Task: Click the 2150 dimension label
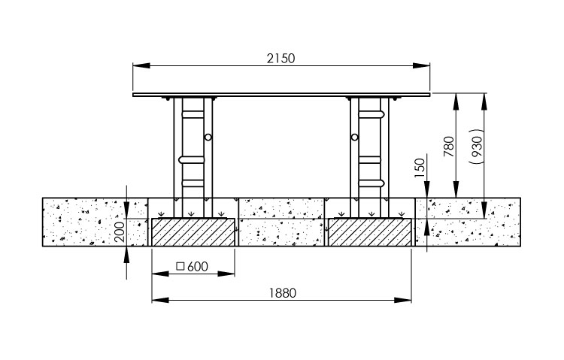(280, 59)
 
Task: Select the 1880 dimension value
(283, 293)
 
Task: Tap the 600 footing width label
(198, 267)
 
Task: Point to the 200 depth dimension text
(120, 231)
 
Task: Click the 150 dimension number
(420, 168)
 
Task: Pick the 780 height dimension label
(448, 147)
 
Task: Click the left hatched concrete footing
(193, 232)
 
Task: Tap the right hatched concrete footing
(370, 232)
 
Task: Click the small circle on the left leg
(208, 137)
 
